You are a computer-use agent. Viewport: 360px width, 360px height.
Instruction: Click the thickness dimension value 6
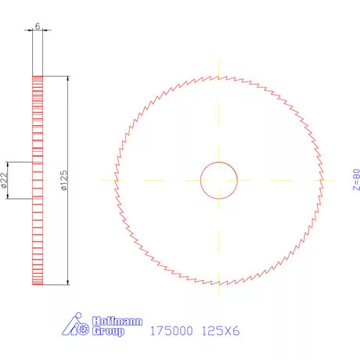pos(38,26)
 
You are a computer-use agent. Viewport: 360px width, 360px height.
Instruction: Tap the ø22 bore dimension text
pos(5,181)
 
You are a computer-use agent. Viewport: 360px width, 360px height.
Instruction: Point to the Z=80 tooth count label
pos(356,179)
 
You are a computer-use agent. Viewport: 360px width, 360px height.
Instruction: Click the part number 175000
pos(170,330)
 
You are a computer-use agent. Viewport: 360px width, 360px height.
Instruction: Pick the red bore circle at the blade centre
pos(219,163)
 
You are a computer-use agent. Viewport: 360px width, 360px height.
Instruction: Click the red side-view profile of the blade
pos(38,235)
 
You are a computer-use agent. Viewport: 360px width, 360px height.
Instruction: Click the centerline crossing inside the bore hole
pos(219,180)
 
